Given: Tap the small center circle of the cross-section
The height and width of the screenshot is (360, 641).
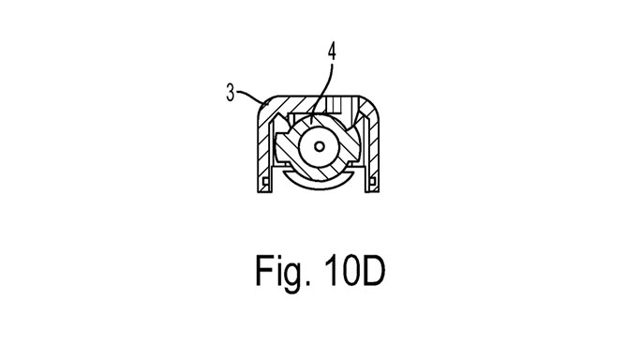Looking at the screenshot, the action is tap(320, 146).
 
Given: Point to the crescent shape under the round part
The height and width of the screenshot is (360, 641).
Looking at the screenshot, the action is tap(320, 179).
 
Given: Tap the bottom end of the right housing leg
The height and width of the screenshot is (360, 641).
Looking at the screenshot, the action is tap(380, 191).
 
